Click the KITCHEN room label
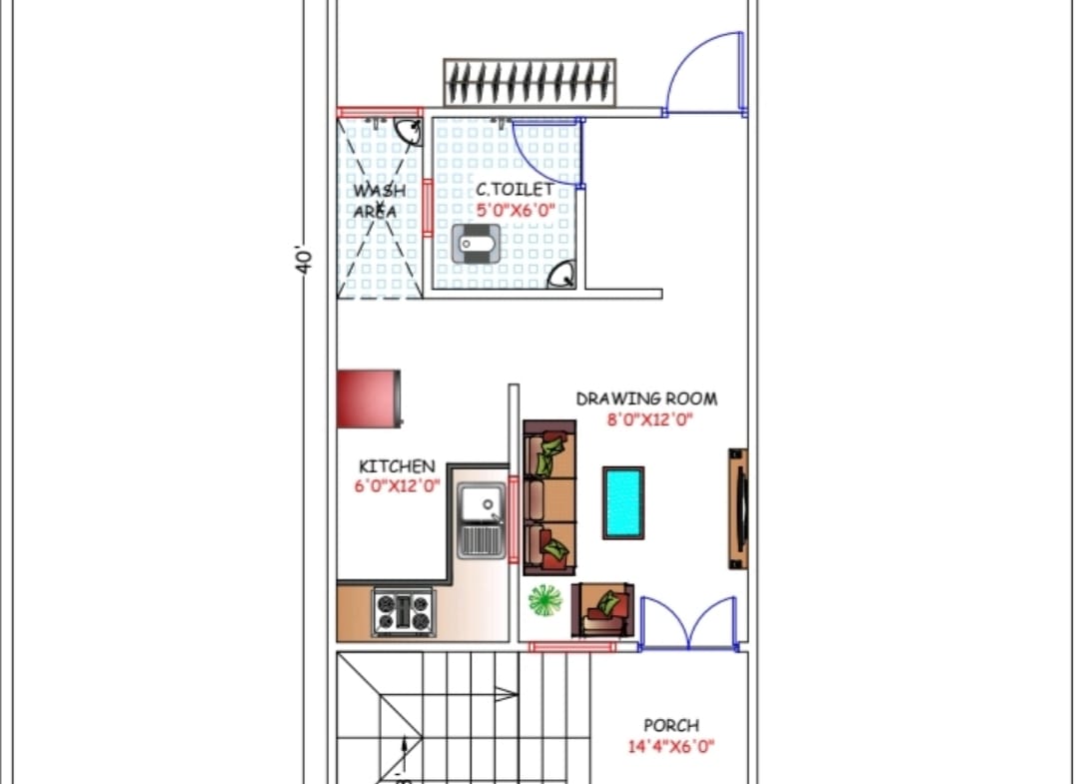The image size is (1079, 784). coord(397,466)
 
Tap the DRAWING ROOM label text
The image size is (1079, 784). coord(646,398)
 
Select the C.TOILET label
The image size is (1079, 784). coord(515,189)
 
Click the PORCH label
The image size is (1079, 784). coord(671,725)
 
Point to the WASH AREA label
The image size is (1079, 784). coord(379,201)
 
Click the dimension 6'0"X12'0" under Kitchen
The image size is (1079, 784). coord(397,486)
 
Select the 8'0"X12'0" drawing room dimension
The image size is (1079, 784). coord(649,419)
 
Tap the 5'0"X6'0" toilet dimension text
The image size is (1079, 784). coord(516,210)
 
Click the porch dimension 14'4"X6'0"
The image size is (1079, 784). coord(671,746)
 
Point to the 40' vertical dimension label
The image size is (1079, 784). coord(304,259)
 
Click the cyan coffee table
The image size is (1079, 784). coord(623,502)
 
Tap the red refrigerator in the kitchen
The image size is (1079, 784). coord(369,398)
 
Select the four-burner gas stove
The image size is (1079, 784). coord(404,612)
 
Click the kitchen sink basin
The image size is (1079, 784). coord(482,520)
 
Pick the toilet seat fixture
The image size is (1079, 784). coord(477,244)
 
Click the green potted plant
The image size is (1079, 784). coord(545,600)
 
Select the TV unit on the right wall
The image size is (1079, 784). coord(738,509)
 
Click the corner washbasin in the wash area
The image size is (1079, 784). coord(409,131)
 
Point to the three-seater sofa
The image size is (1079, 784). coord(549,498)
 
